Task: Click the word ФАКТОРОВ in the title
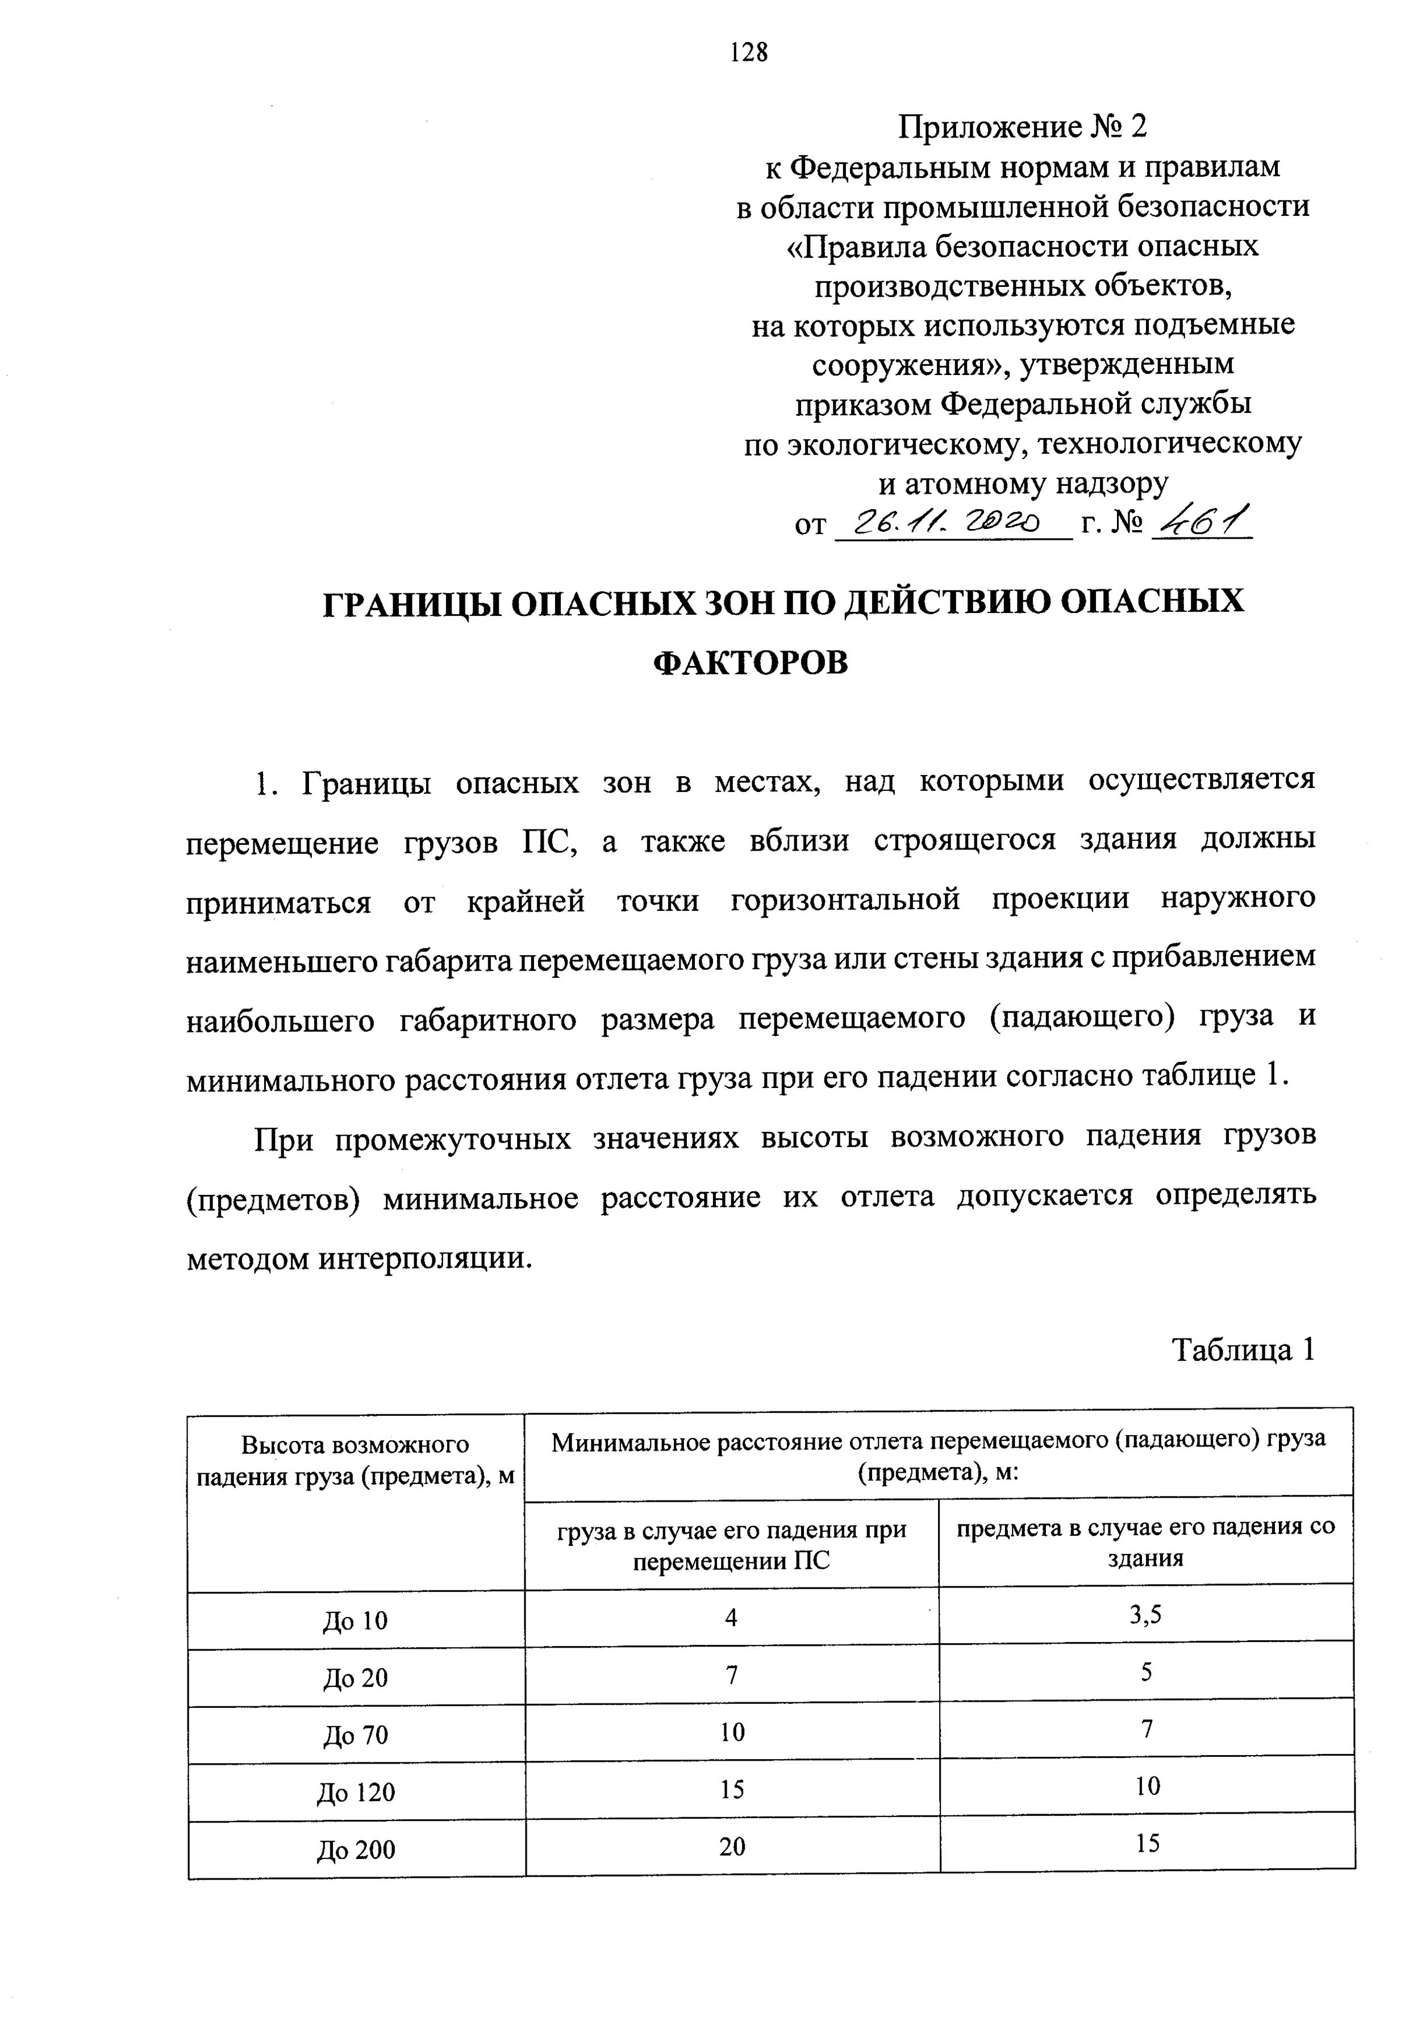click(751, 663)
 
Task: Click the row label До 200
click(356, 1849)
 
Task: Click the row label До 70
click(355, 1735)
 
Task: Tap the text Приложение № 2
click(1022, 128)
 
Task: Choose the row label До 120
click(356, 1792)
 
